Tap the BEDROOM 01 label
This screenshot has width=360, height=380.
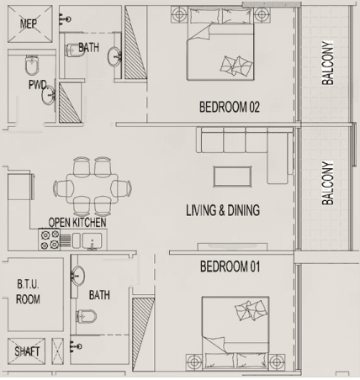[x=230, y=267]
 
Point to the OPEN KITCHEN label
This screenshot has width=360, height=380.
[x=77, y=223]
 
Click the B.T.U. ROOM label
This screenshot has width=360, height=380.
[x=29, y=292]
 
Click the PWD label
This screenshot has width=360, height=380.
[x=37, y=85]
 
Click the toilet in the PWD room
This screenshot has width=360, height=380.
[x=32, y=65]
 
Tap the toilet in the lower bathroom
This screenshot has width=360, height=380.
[x=87, y=316]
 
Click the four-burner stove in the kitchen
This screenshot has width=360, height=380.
[x=47, y=240]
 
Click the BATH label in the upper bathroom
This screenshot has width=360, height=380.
[x=89, y=49]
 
